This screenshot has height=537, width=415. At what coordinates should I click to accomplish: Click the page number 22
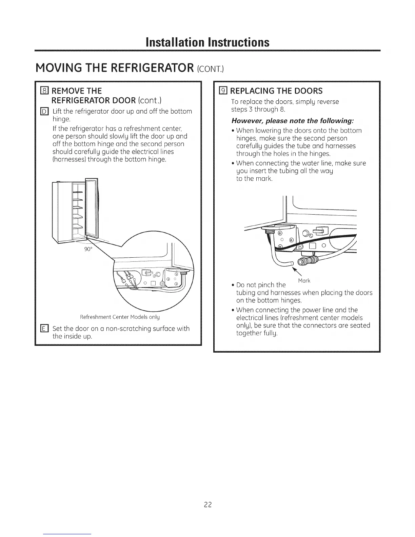(207, 505)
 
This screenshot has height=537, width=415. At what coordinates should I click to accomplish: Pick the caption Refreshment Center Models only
(120, 317)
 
